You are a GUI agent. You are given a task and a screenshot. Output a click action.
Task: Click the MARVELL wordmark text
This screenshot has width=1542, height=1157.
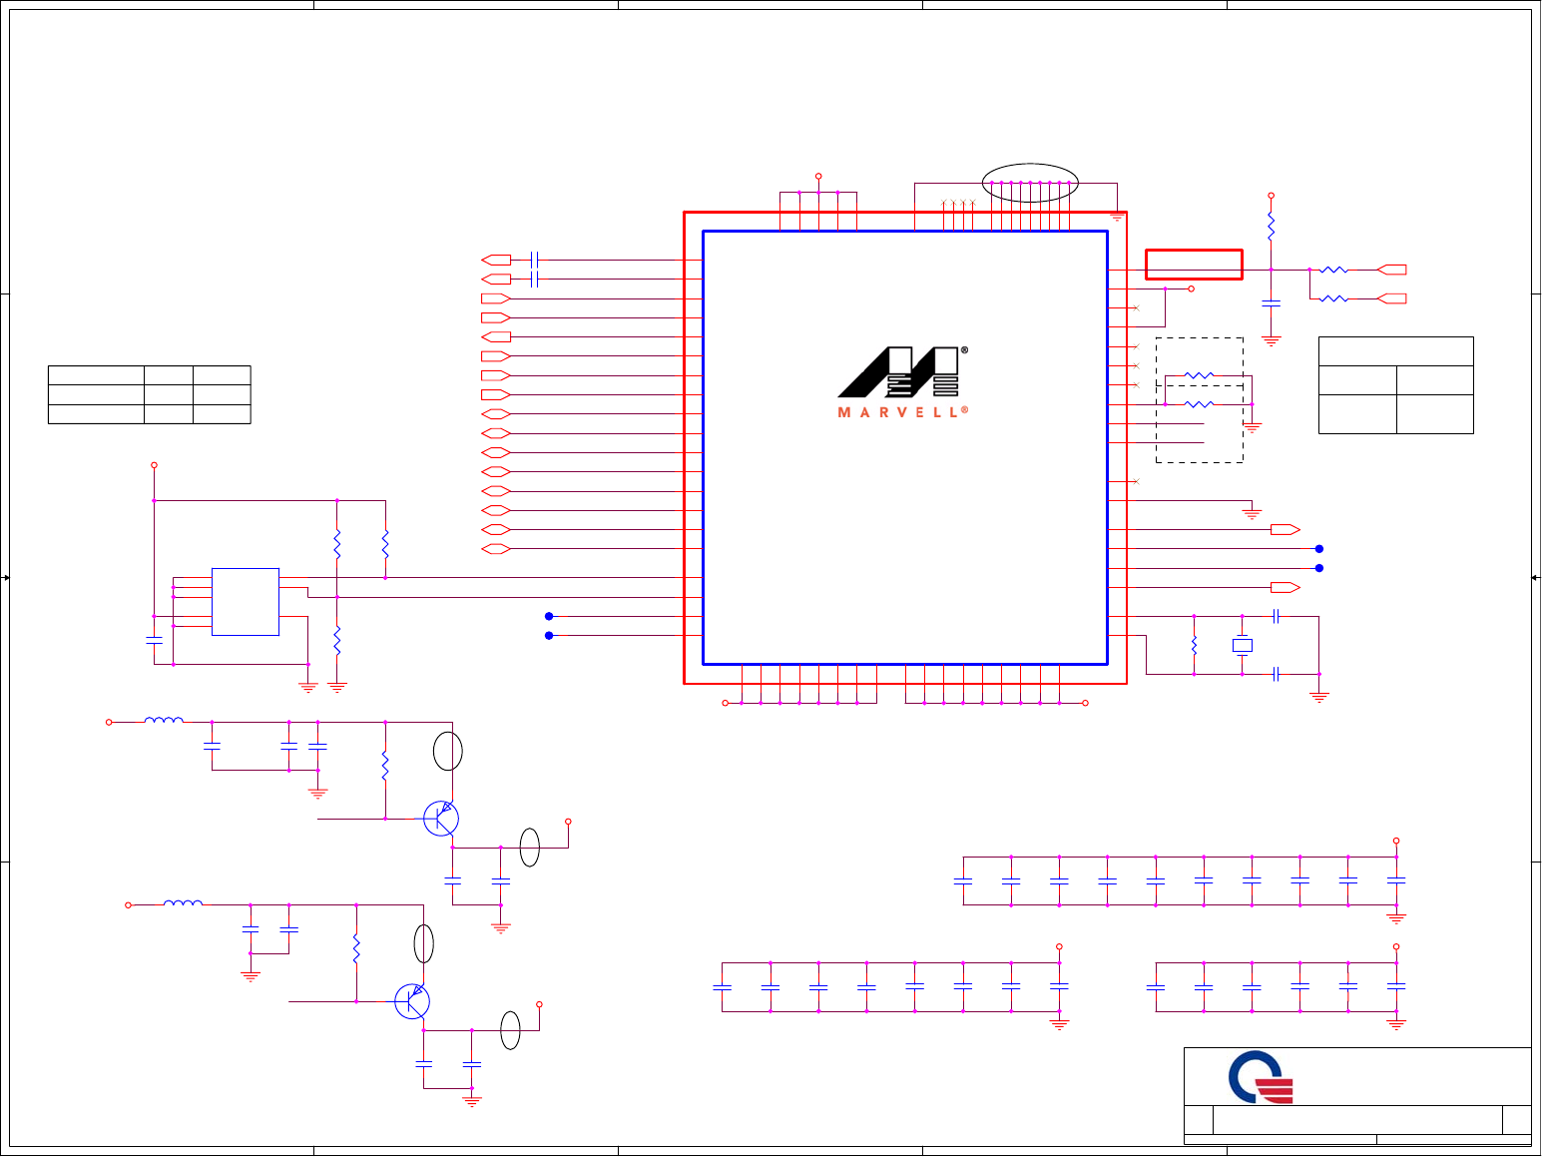click(899, 412)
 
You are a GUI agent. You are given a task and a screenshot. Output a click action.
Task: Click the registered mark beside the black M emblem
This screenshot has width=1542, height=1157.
click(965, 350)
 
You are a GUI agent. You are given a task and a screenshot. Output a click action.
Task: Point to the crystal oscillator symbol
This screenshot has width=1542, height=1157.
click(1243, 646)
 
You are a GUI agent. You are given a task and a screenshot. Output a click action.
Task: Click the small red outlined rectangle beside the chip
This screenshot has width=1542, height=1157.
click(1194, 265)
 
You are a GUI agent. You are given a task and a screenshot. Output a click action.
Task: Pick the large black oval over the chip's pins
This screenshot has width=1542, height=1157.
click(1030, 183)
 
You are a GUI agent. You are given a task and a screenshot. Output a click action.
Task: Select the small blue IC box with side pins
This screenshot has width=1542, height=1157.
click(245, 602)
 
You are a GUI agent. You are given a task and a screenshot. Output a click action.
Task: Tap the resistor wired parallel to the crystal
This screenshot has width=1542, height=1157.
click(1194, 646)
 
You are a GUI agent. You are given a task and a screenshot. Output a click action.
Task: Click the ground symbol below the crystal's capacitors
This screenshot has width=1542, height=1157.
click(1319, 697)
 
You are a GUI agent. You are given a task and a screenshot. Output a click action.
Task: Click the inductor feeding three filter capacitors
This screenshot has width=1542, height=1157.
click(164, 720)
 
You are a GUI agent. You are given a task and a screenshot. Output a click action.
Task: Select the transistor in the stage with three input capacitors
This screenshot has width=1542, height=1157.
click(440, 819)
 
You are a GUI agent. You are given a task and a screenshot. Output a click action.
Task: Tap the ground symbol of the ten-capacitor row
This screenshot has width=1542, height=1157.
click(1396, 917)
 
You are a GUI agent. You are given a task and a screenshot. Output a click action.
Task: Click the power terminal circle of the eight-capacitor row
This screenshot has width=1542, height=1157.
click(1059, 946)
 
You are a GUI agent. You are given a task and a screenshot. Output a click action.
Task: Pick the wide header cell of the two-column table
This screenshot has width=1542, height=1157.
click(1395, 351)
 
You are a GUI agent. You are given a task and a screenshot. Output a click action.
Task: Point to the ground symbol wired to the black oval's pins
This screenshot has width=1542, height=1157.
click(1118, 214)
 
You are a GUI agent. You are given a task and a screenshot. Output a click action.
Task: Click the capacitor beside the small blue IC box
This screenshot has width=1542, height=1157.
click(154, 640)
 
